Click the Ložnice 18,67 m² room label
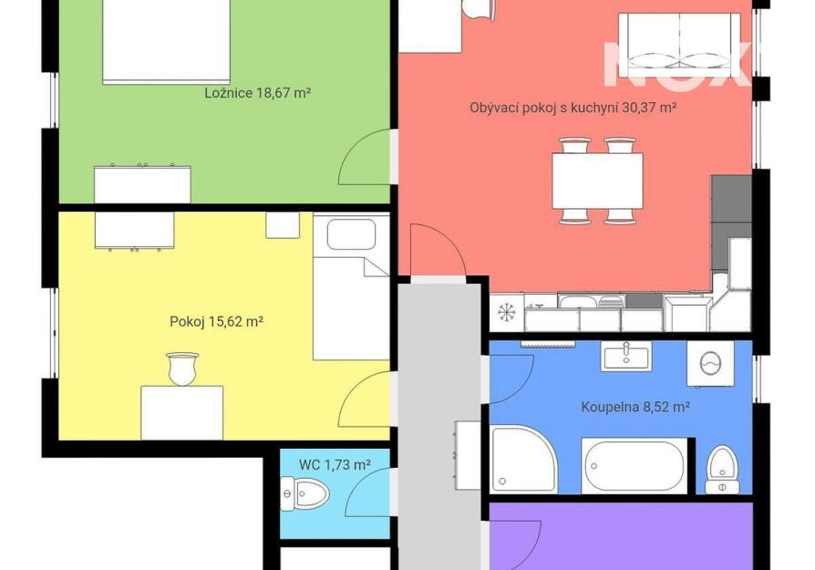258,93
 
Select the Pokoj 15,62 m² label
216,321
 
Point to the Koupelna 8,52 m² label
635,406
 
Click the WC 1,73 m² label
335,464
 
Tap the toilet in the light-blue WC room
304,493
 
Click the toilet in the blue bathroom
722,470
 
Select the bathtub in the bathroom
634,465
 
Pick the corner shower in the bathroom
523,460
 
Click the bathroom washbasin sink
626,357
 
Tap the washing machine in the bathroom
710,364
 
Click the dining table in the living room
597,181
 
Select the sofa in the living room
679,42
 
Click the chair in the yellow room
182,368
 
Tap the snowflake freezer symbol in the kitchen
506,312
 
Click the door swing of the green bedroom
365,157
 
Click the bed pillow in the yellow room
351,234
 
